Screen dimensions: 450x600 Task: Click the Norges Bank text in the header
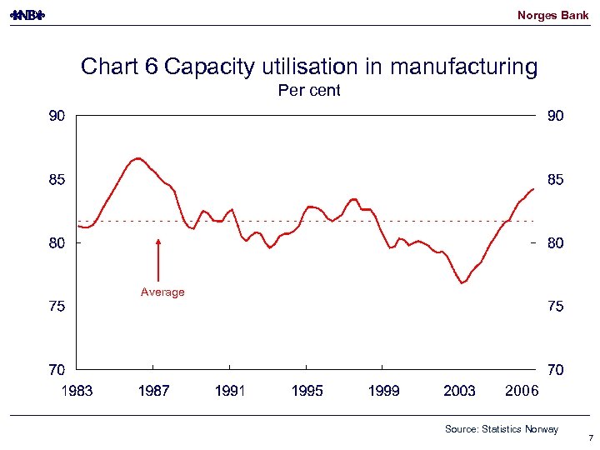552,15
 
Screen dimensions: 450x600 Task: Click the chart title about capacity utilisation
308,67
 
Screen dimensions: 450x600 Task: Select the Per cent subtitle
308,91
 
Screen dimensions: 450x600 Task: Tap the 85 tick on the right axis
555,180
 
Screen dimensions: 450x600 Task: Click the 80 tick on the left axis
56,243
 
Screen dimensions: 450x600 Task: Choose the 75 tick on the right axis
555,307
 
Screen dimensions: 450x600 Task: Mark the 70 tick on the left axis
56,369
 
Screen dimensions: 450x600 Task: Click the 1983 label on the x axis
77,391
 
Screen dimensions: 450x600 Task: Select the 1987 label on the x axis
153,391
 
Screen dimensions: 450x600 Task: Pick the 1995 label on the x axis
307,391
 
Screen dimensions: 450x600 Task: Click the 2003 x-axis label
459,391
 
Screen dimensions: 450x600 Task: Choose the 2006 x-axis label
522,391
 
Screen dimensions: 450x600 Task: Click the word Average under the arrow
162,292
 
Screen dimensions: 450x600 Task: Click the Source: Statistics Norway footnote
502,429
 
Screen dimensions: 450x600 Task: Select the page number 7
589,438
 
